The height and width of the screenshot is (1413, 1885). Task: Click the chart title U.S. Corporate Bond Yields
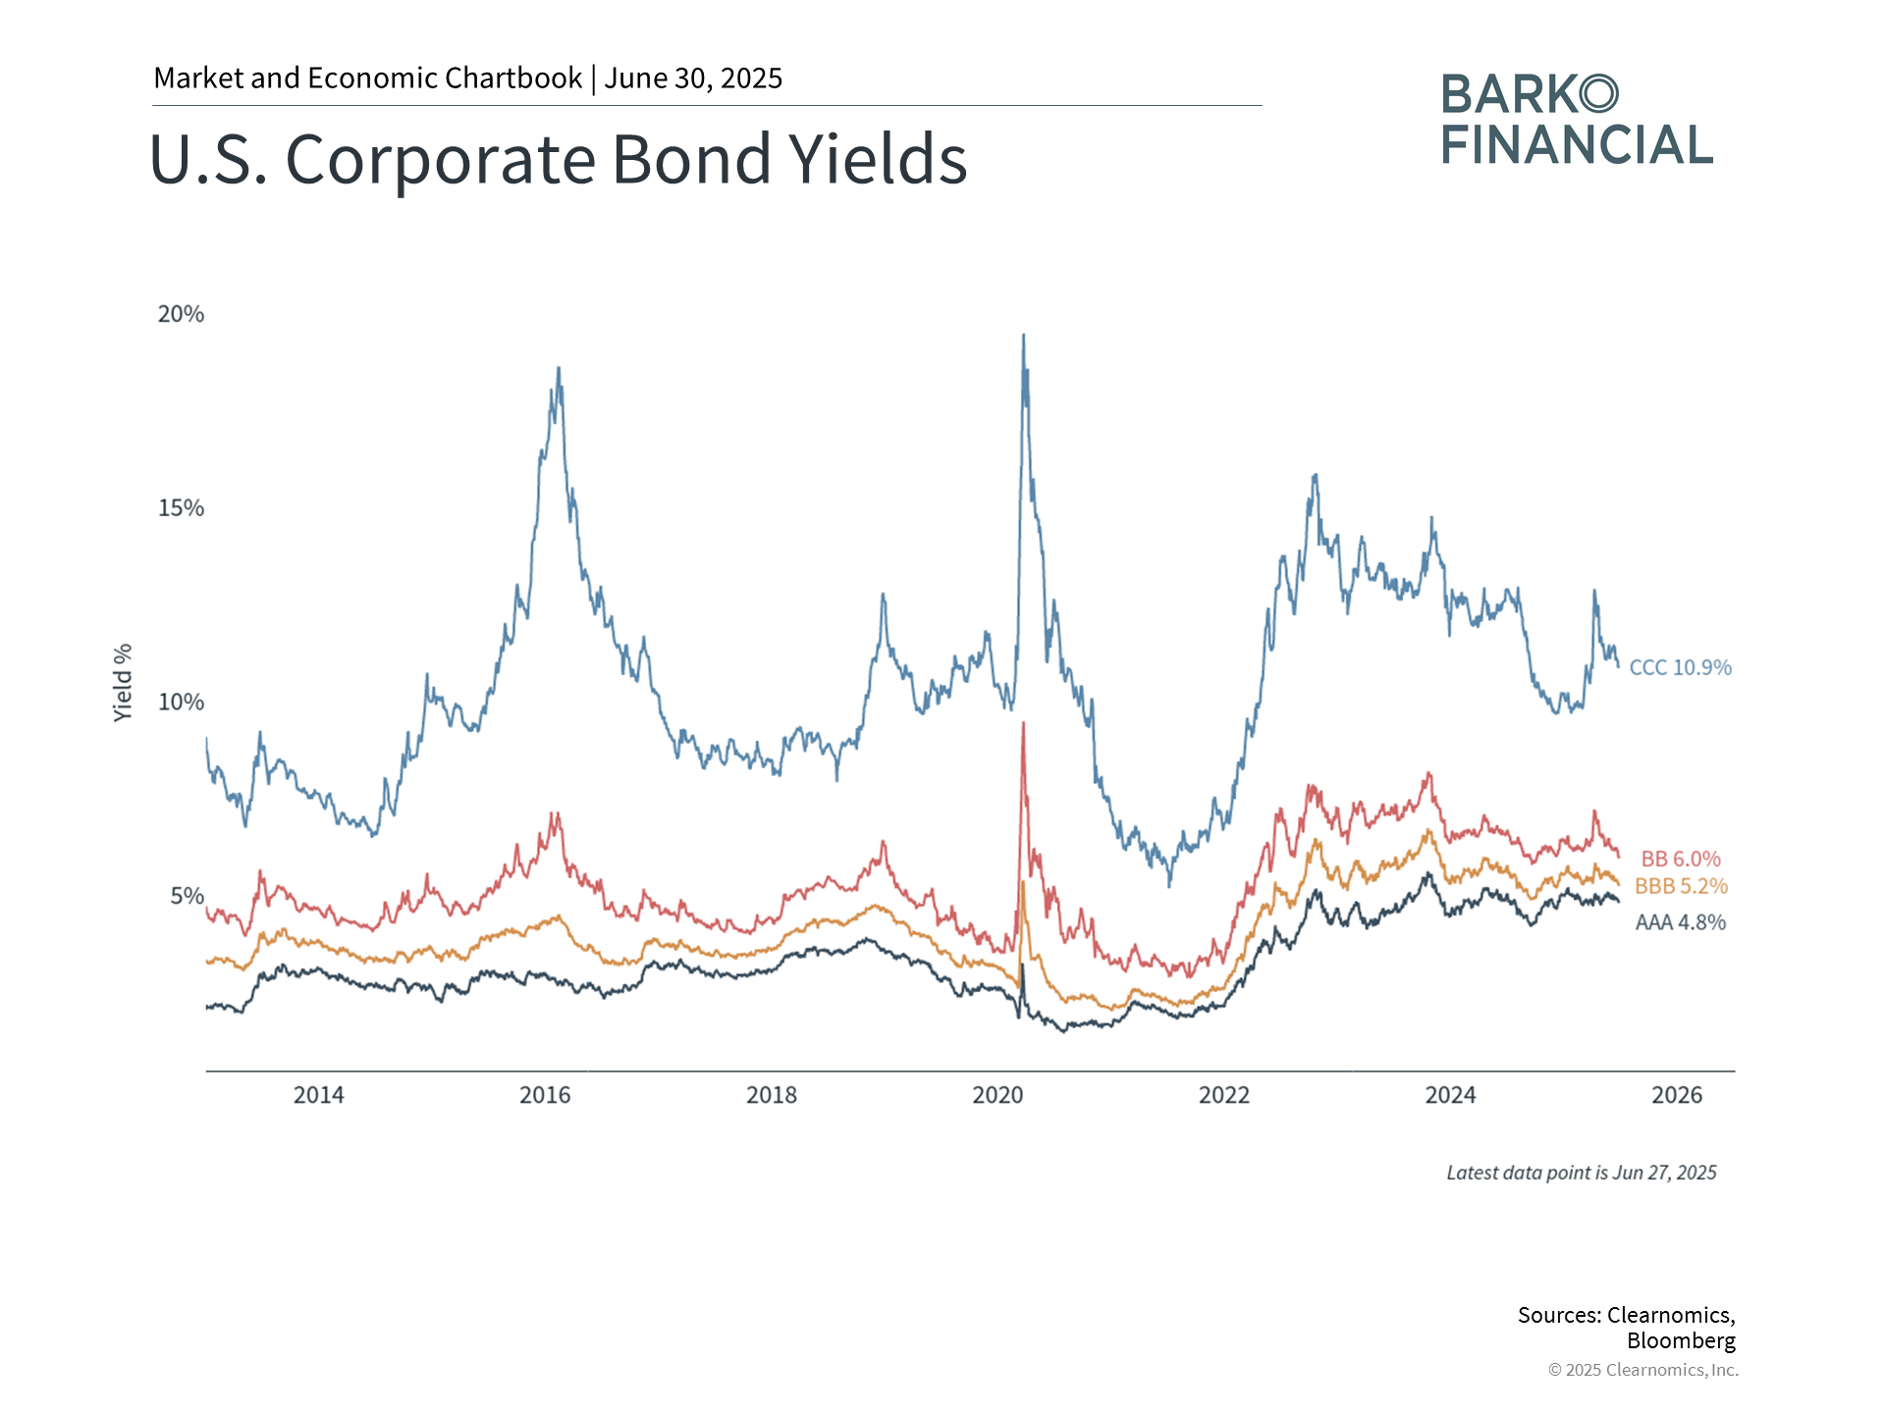pos(558,159)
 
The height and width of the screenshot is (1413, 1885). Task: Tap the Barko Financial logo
pos(1577,120)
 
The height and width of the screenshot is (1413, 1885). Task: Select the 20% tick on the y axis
pos(181,314)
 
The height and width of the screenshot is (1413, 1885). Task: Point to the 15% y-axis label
pos(181,508)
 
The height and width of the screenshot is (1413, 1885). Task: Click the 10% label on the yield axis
pos(181,703)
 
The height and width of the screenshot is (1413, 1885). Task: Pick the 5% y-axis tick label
pos(187,896)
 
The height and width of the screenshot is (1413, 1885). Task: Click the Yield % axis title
pos(123,683)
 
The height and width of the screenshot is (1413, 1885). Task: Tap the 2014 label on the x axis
pos(318,1095)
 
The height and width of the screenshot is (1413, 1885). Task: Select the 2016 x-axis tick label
pos(545,1095)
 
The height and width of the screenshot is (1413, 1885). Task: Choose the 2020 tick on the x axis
pos(997,1095)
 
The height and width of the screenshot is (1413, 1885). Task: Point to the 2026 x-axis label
pos(1677,1095)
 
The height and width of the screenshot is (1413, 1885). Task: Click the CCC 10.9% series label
pos(1680,668)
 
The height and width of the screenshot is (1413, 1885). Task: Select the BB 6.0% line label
pos(1681,860)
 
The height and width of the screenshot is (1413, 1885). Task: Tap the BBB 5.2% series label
pos(1681,887)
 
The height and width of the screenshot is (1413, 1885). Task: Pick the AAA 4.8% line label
pos(1680,923)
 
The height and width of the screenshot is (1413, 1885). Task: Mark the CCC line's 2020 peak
pos(1024,337)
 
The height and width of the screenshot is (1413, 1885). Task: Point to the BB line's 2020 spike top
pos(1023,724)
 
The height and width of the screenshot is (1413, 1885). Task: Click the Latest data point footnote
pos(1581,1173)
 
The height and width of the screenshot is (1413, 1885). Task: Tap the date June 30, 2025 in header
pos(693,78)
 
